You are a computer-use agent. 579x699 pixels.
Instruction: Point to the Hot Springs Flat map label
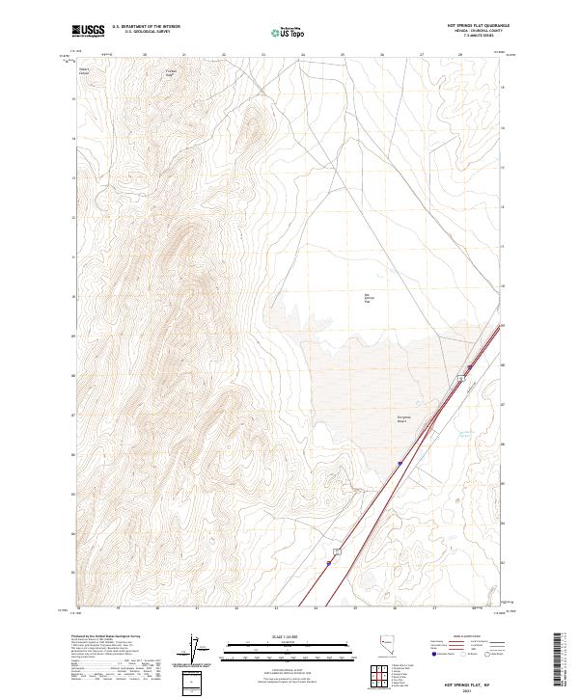[367, 299]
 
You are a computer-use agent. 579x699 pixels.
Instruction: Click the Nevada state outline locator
[384, 643]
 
